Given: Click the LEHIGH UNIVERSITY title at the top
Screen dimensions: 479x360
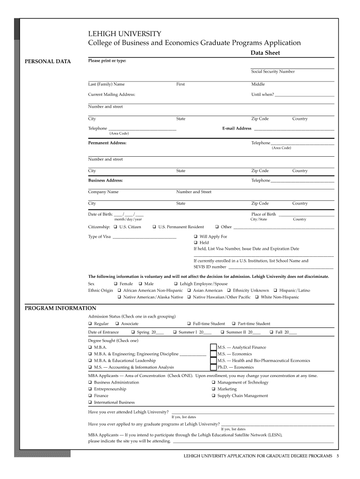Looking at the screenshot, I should (125, 34).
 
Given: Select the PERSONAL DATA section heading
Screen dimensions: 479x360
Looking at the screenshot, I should (48, 61).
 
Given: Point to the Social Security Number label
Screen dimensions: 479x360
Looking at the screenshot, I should (273, 72).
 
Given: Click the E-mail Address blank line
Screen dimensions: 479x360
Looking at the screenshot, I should (294, 129).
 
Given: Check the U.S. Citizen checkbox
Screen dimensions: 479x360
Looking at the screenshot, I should (116, 227).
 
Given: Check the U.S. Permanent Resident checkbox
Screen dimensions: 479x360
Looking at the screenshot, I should (154, 227).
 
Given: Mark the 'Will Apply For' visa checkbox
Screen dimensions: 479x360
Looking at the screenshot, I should (196, 237).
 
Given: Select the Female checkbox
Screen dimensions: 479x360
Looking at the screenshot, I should (116, 284).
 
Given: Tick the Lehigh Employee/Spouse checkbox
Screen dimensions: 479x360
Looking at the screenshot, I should (176, 284).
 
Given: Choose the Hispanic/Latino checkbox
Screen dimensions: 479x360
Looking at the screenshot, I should (276, 290).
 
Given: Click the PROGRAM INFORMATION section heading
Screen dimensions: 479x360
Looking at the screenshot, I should (60, 308).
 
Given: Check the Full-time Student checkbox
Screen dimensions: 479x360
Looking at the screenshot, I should (189, 324).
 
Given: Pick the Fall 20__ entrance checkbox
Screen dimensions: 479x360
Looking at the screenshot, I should (272, 333).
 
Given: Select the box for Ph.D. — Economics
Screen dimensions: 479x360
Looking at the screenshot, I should (213, 367).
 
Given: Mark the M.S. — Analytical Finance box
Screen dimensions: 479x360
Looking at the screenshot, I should (213, 348).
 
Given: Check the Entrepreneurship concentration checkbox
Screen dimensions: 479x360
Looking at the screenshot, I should (90, 389).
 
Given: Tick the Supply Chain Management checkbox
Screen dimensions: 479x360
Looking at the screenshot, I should (213, 396).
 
